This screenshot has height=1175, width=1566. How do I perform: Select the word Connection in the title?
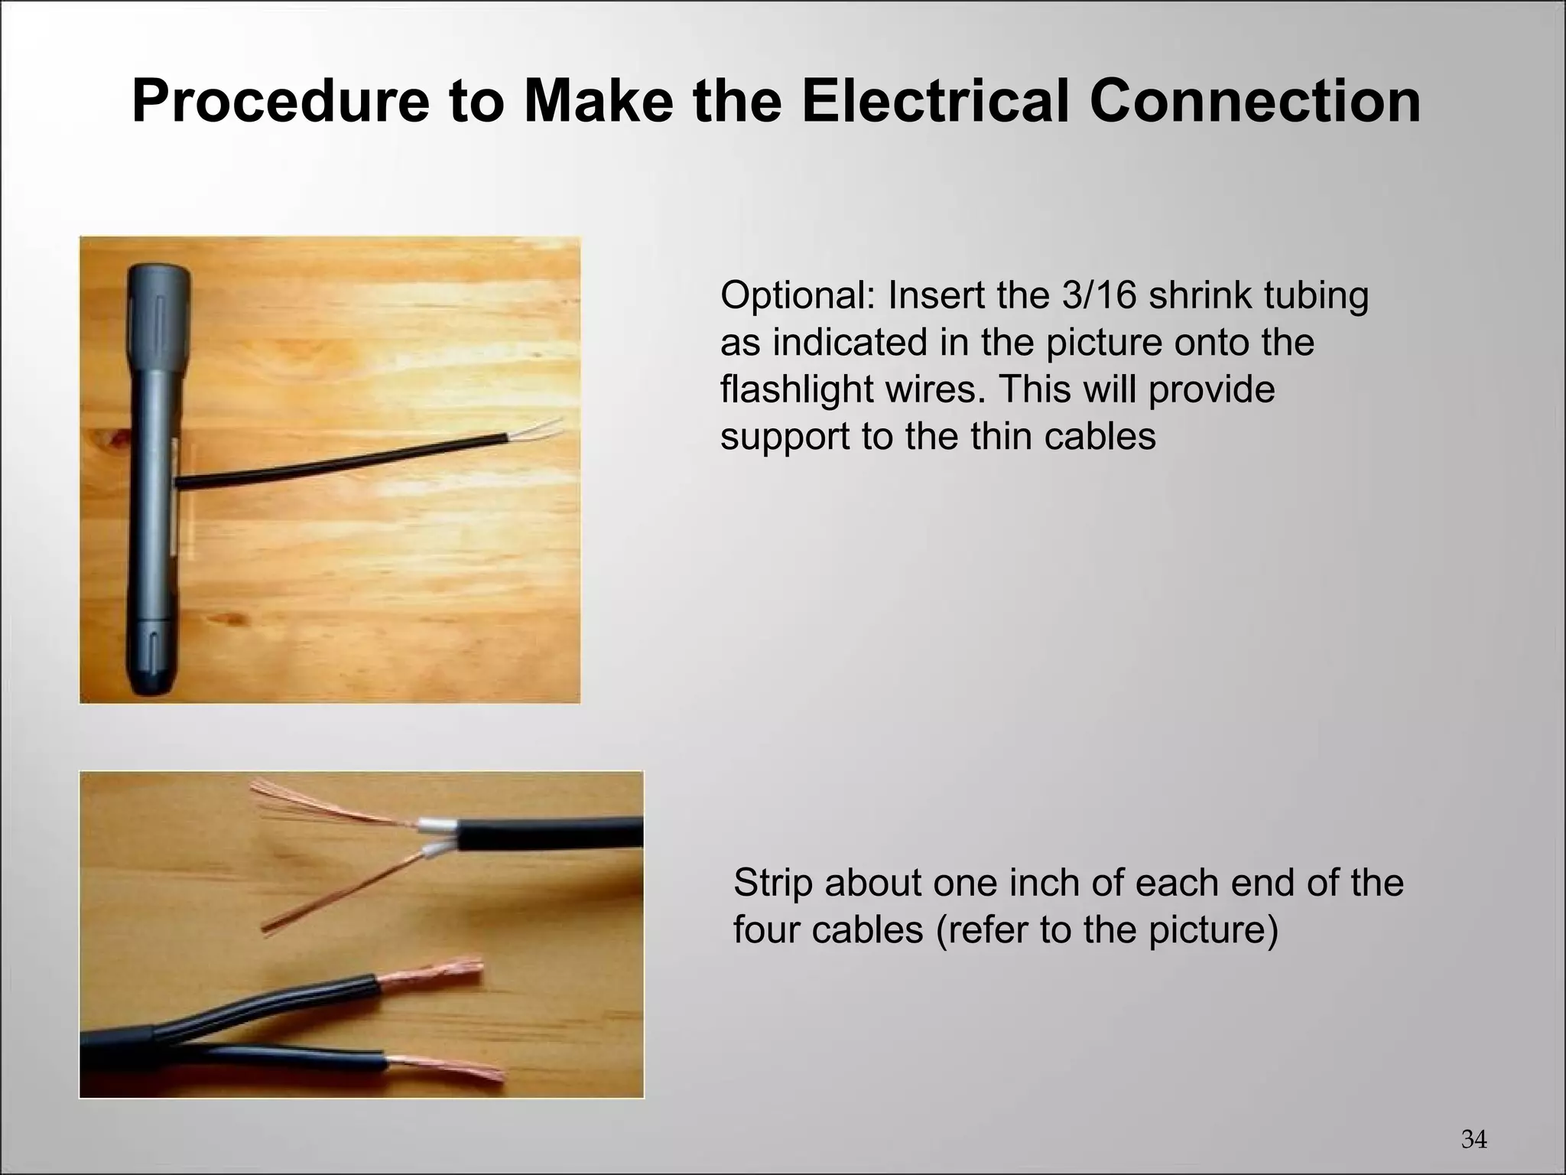pos(1255,102)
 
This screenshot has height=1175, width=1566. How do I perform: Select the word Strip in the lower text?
pos(772,883)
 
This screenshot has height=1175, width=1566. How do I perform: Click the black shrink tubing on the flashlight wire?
pos(344,464)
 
